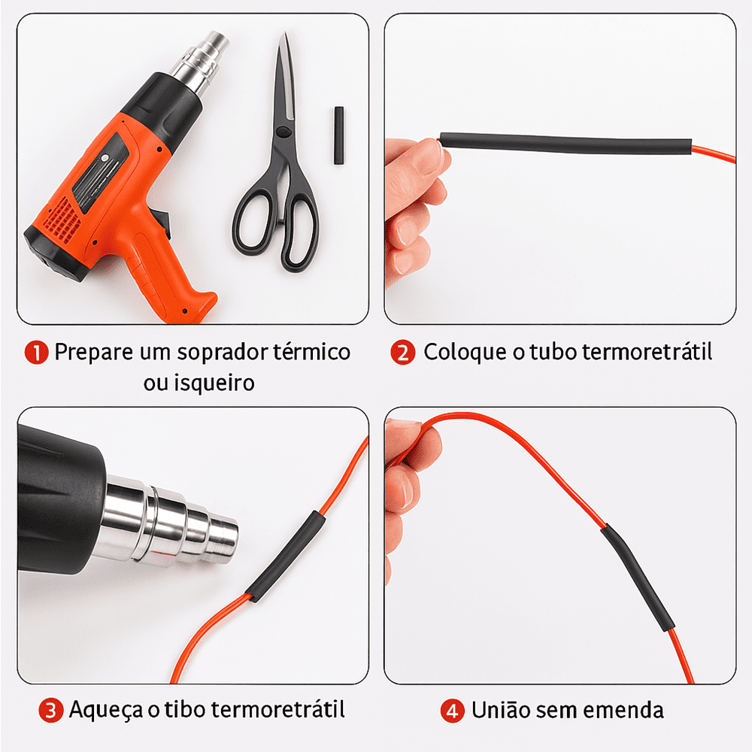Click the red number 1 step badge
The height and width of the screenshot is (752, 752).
36,353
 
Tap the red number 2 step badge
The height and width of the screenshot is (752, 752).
403,353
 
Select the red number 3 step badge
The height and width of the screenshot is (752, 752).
51,711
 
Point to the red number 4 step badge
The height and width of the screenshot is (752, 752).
452,711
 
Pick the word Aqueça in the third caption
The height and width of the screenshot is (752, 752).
105,711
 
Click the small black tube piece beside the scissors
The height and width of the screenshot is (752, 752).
339,136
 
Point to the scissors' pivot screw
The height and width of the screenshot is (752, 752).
283,132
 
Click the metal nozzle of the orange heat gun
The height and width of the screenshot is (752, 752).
200,62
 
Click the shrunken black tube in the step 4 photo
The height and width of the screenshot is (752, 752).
638,578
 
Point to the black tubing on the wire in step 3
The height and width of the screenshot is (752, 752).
285,556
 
